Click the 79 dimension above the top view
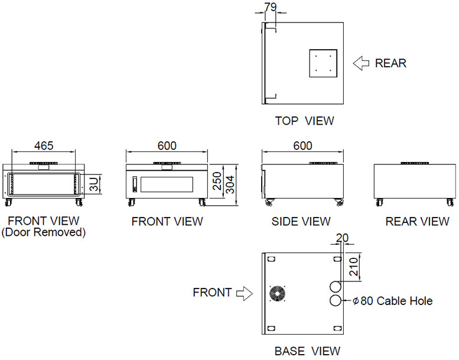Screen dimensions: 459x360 270,7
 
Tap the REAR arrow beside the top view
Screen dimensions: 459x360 360,63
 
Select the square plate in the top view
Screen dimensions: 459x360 323,63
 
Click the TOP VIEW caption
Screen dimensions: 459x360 304,121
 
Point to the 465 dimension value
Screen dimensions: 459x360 44,145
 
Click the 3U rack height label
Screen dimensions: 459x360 95,184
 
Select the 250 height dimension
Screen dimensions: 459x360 217,181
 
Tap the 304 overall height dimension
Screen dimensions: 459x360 230,184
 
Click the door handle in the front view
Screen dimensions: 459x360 135,184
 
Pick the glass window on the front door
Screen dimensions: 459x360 167,184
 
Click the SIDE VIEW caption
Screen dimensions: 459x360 301,222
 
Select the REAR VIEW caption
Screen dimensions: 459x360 417,222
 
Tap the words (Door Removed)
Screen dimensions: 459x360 44,232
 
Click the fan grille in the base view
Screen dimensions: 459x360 277,294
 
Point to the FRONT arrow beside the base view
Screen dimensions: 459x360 245,293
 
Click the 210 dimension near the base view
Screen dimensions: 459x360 354,267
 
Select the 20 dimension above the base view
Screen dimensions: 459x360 342,238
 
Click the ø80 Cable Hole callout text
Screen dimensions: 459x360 393,301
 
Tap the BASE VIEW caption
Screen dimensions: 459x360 307,351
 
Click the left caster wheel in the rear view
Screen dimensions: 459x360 379,202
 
